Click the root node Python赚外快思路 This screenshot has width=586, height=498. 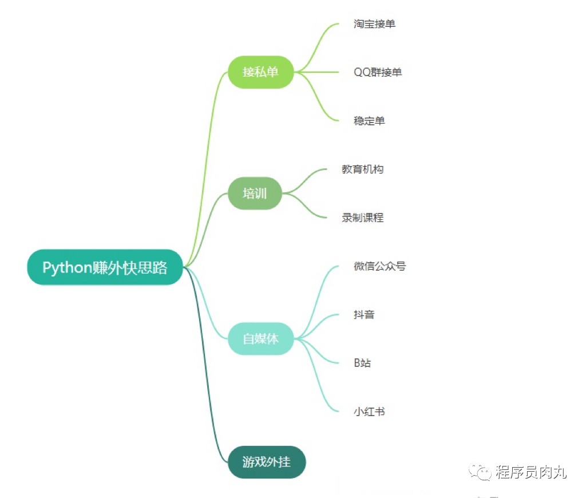105,267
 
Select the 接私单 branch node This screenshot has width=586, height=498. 261,72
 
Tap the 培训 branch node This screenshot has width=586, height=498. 255,193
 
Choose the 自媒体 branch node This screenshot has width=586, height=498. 261,338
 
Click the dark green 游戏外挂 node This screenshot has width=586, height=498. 267,462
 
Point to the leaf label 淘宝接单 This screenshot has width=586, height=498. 375,24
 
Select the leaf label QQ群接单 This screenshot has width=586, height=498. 378,72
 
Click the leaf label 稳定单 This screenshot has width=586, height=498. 369,121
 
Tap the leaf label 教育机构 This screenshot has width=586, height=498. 363,169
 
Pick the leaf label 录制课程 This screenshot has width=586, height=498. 363,218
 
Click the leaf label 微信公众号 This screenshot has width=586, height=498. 380,266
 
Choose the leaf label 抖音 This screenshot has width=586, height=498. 365,314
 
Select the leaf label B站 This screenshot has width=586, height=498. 362,363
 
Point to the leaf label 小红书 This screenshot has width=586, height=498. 369,411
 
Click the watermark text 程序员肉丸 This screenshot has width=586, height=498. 530,472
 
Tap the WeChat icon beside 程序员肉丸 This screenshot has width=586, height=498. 481,472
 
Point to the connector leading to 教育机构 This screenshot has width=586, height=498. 309,178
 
